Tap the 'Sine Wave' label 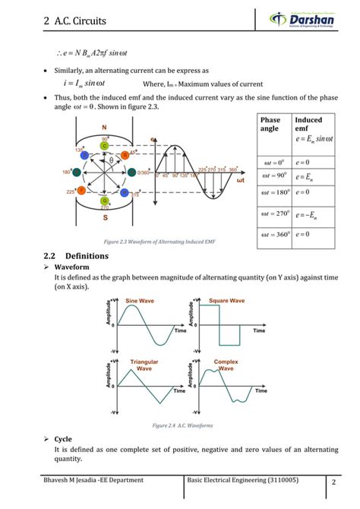(140, 302)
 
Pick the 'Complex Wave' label (226, 365)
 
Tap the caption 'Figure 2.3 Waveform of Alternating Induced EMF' (163, 241)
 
